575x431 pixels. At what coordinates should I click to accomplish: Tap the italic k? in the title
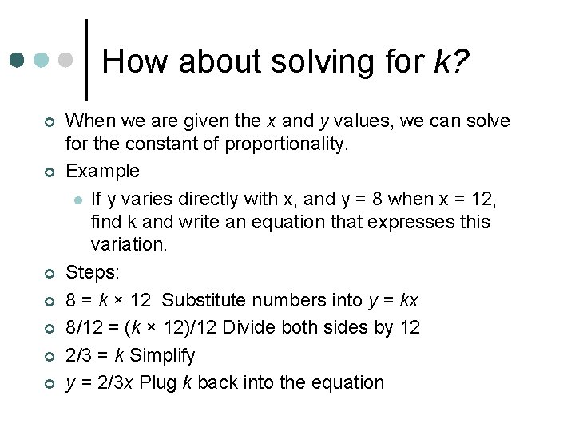pos(452,61)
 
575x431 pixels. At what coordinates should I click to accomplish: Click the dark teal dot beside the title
pos(17,60)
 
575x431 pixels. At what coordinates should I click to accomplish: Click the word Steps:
pos(92,273)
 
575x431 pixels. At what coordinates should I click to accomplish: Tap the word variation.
pos(129,244)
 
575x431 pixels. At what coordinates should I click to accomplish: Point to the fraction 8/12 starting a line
pos(83,327)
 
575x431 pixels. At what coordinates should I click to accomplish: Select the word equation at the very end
pos(345,382)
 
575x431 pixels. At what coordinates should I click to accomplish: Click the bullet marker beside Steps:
pos(49,274)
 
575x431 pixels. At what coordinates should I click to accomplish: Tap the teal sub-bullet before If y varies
pos(77,197)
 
